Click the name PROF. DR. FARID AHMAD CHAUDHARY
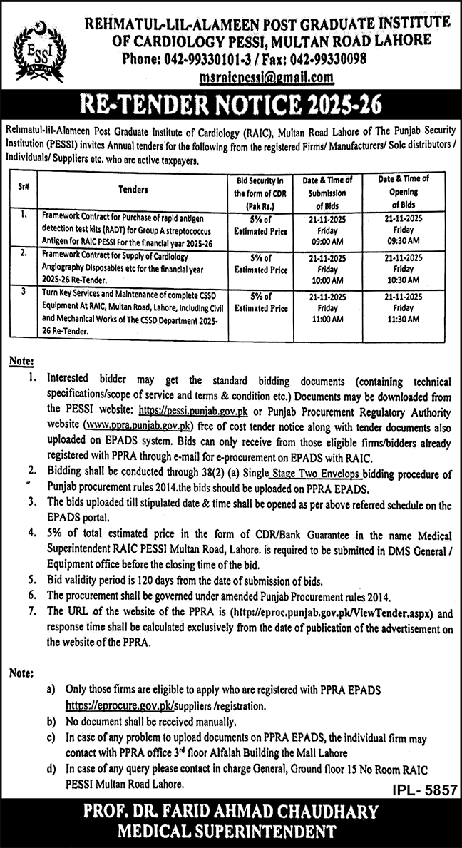(x=232, y=813)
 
